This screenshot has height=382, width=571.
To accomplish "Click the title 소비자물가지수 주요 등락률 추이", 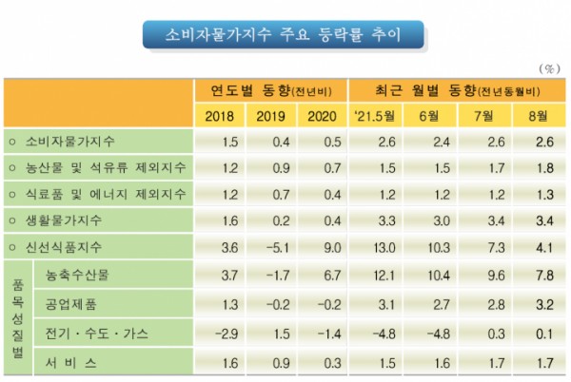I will pos(285,35).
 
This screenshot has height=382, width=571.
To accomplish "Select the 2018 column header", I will pos(220,116).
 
